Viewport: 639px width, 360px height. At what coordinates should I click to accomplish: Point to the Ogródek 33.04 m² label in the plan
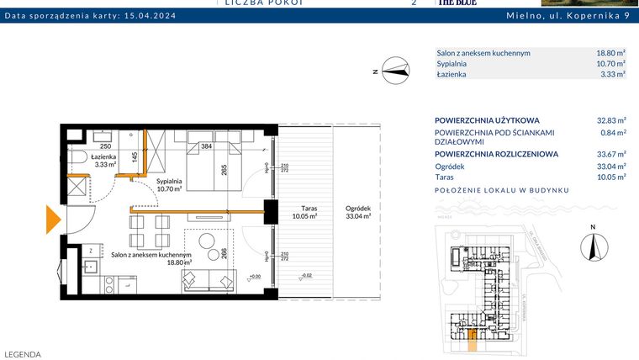click(x=357, y=212)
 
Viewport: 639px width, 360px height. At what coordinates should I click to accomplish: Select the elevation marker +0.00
click(x=255, y=275)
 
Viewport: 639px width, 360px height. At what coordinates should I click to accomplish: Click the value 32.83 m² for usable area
click(x=610, y=120)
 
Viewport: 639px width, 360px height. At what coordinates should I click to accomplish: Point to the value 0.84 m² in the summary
click(x=613, y=133)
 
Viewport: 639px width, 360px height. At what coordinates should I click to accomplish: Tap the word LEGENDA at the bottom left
click(x=23, y=354)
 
